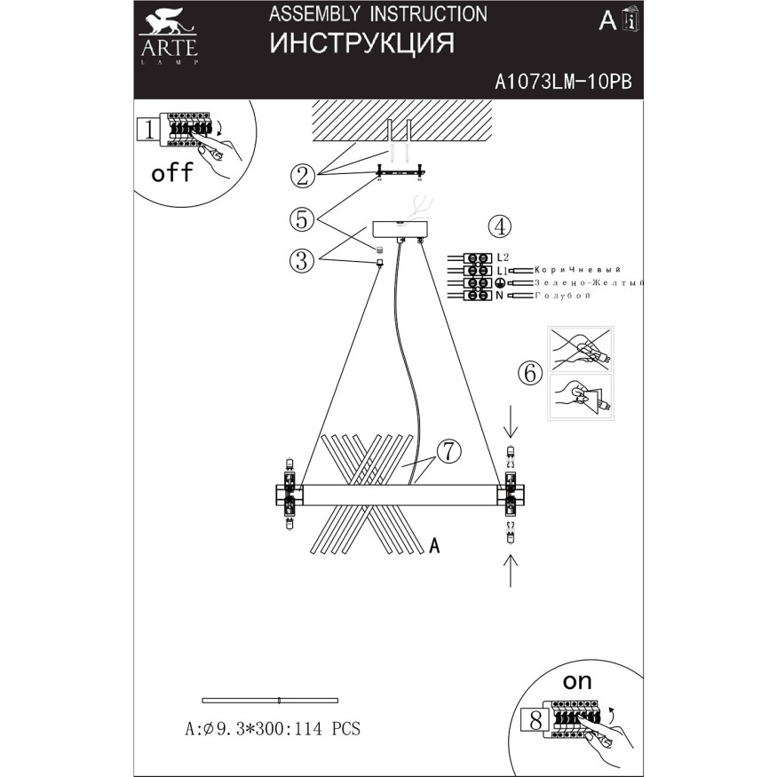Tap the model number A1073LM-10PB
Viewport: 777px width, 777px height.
pos(563,82)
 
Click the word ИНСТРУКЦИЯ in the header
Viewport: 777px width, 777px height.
pos(361,44)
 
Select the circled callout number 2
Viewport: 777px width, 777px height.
pos(303,176)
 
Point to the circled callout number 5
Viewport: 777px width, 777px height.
pos(302,219)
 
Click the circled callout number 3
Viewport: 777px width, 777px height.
pos(302,260)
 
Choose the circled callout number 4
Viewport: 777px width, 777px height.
pos(500,226)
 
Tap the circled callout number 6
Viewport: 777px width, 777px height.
pos(530,372)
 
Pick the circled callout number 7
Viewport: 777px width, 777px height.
pos(448,451)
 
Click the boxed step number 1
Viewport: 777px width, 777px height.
pos(148,130)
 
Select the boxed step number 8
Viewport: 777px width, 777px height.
pos(535,720)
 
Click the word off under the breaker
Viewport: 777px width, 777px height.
pos(172,173)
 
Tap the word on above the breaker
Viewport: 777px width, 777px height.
pos(577,682)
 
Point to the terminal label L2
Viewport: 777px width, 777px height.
pos(503,258)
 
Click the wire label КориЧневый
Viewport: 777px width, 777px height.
pos(578,270)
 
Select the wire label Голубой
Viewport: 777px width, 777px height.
pos(562,296)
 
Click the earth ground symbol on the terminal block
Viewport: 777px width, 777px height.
pos(500,283)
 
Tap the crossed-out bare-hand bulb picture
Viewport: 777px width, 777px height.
pos(581,349)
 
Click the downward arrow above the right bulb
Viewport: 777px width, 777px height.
pos(511,423)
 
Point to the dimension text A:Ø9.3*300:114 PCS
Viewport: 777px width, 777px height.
pos(273,729)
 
